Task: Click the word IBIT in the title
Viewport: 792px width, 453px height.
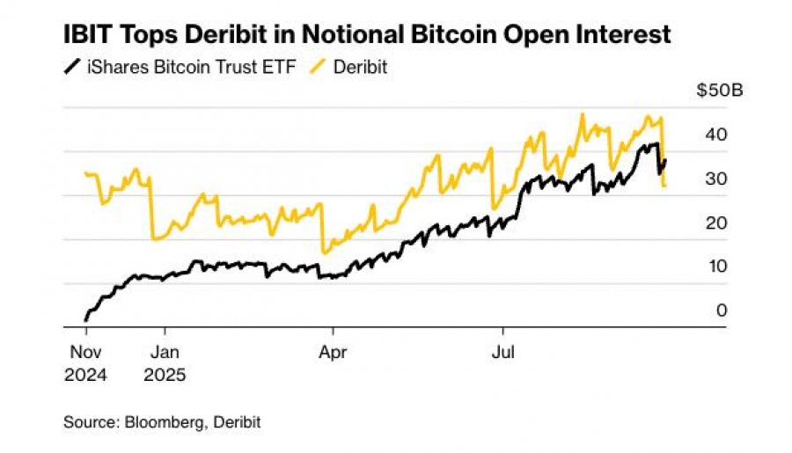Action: coord(90,35)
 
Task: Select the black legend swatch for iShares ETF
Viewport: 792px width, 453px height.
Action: coord(71,67)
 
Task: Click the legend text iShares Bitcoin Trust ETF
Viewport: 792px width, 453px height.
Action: coord(182,67)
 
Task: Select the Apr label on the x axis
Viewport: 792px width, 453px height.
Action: coord(332,354)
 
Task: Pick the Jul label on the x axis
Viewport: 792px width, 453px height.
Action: coord(502,354)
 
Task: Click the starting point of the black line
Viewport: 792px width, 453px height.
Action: coord(85,318)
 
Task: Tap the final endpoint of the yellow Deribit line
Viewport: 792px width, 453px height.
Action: coord(665,186)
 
